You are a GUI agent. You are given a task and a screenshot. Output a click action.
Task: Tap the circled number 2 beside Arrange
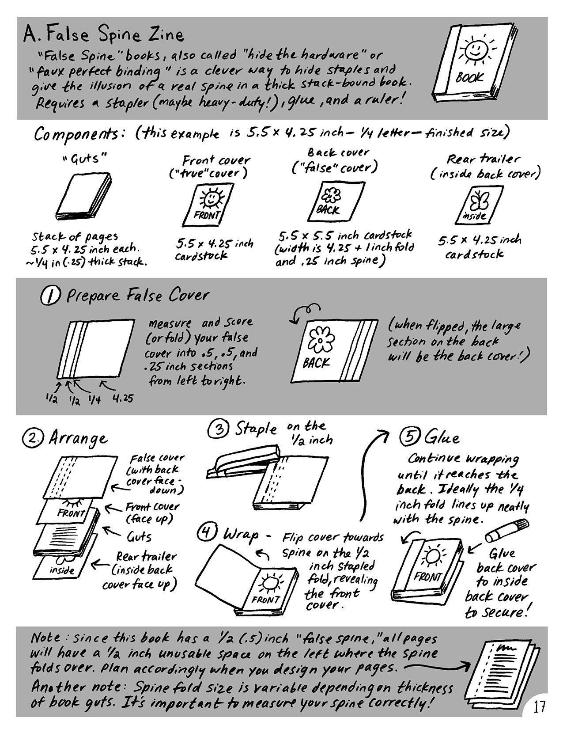pos(33,438)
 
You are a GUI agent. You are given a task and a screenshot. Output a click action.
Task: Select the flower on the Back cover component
pos(331,195)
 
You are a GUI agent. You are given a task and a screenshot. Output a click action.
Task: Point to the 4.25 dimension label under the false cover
pos(123,398)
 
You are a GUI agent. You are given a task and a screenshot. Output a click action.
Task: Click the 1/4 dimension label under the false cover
pos(95,400)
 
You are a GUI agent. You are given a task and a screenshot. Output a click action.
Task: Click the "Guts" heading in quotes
pos(84,158)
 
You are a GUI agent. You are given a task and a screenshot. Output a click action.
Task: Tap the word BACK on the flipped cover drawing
pos(316,363)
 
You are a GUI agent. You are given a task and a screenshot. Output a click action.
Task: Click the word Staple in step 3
pos(256,429)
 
